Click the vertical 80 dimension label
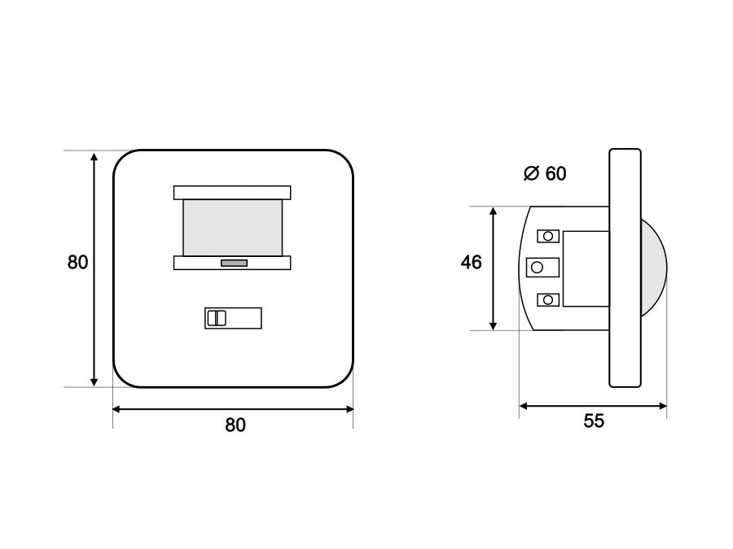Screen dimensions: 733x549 coord(77,263)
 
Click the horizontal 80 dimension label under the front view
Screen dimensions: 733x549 coord(235,425)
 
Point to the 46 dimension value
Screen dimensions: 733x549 coord(472,263)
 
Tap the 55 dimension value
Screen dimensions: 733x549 coord(594,420)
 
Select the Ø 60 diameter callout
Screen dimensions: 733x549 coord(545,173)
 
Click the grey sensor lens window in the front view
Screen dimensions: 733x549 coord(233,228)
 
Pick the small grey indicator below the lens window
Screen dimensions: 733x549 coord(235,264)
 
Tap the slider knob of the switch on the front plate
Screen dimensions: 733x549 coord(217,318)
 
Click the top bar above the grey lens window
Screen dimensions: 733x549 coord(232,193)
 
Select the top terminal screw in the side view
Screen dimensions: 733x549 coord(548,236)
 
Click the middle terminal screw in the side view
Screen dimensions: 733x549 coord(542,267)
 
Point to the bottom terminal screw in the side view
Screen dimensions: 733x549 coord(548,299)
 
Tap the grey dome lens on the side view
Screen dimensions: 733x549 coord(654,268)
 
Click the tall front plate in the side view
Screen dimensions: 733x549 coord(625,268)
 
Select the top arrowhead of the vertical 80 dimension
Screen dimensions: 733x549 coord(94,156)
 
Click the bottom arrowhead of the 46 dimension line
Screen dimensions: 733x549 coord(493,325)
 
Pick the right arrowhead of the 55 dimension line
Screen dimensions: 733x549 coord(662,406)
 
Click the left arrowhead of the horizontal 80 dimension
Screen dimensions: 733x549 coord(117,409)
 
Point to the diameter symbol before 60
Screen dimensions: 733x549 coord(532,173)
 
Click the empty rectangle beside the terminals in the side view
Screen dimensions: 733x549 coord(586,269)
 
